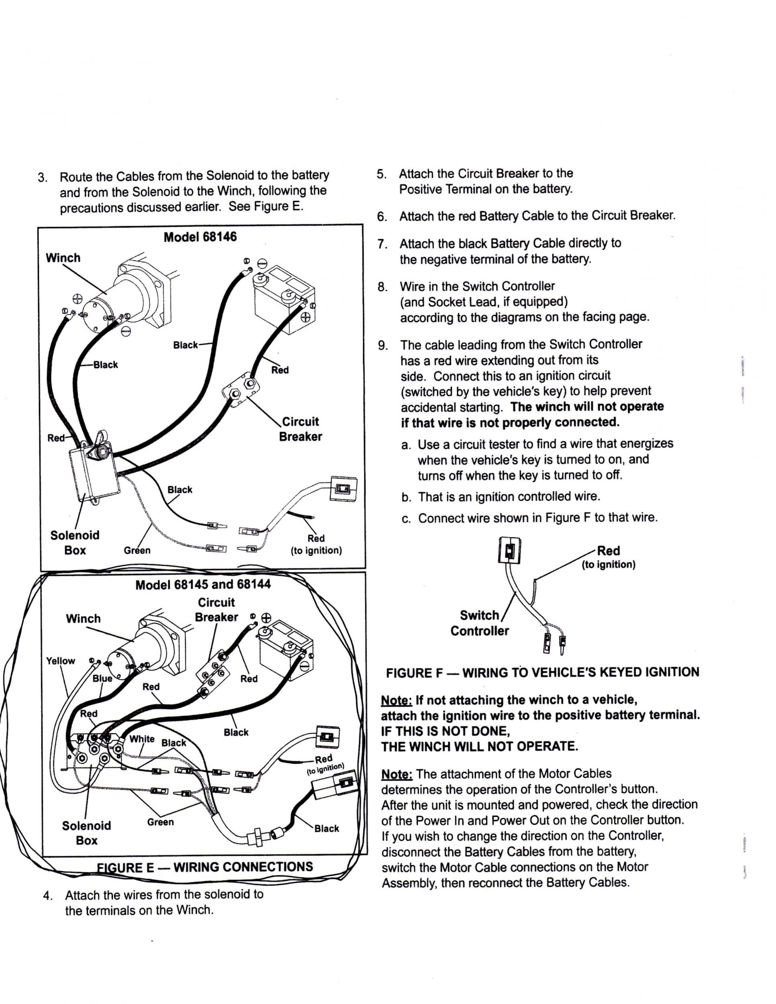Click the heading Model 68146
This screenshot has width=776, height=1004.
200,237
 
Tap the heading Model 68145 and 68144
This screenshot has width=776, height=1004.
203,585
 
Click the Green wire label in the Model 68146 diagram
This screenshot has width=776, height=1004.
137,550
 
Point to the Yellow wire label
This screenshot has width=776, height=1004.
60,661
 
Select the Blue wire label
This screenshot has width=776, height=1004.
102,679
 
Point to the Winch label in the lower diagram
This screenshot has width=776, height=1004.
83,618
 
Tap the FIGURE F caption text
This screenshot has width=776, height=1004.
543,672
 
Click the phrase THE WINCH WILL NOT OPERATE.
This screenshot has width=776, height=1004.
479,746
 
